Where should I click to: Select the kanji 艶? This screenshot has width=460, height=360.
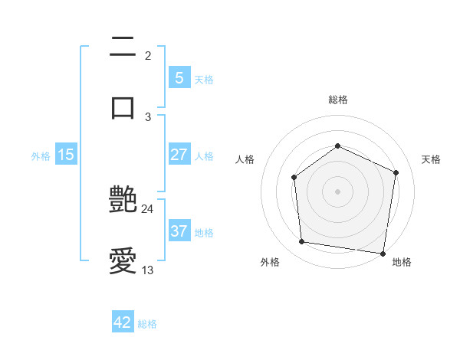click(123, 201)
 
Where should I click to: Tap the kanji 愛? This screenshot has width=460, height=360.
click(123, 263)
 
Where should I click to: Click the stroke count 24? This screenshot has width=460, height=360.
click(148, 208)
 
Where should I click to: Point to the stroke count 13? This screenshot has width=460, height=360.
click(148, 270)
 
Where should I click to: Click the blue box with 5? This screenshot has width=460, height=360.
click(179, 78)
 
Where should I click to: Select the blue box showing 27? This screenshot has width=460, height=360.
click(179, 155)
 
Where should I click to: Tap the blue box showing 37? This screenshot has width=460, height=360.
click(179, 231)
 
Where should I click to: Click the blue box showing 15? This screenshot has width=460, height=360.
click(66, 155)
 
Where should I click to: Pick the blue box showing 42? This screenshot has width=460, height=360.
click(123, 322)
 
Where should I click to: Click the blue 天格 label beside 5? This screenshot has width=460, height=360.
click(204, 79)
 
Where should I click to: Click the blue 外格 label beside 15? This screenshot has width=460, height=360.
click(41, 155)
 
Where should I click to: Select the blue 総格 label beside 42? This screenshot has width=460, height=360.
click(147, 323)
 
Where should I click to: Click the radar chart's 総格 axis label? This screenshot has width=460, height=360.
click(337, 100)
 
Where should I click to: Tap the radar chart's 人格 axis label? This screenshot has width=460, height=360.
click(245, 159)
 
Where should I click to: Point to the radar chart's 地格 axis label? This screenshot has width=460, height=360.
click(402, 262)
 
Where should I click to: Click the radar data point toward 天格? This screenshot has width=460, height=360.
click(396, 172)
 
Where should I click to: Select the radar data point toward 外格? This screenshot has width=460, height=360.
click(302, 242)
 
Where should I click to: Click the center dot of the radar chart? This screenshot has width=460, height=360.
click(337, 191)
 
